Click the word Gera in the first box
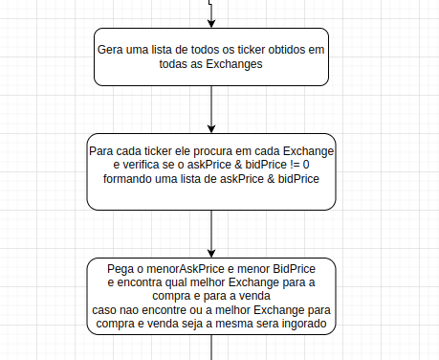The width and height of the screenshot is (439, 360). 111,48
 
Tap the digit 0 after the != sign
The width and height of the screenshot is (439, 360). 320,165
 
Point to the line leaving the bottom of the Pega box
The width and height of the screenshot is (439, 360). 211,349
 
